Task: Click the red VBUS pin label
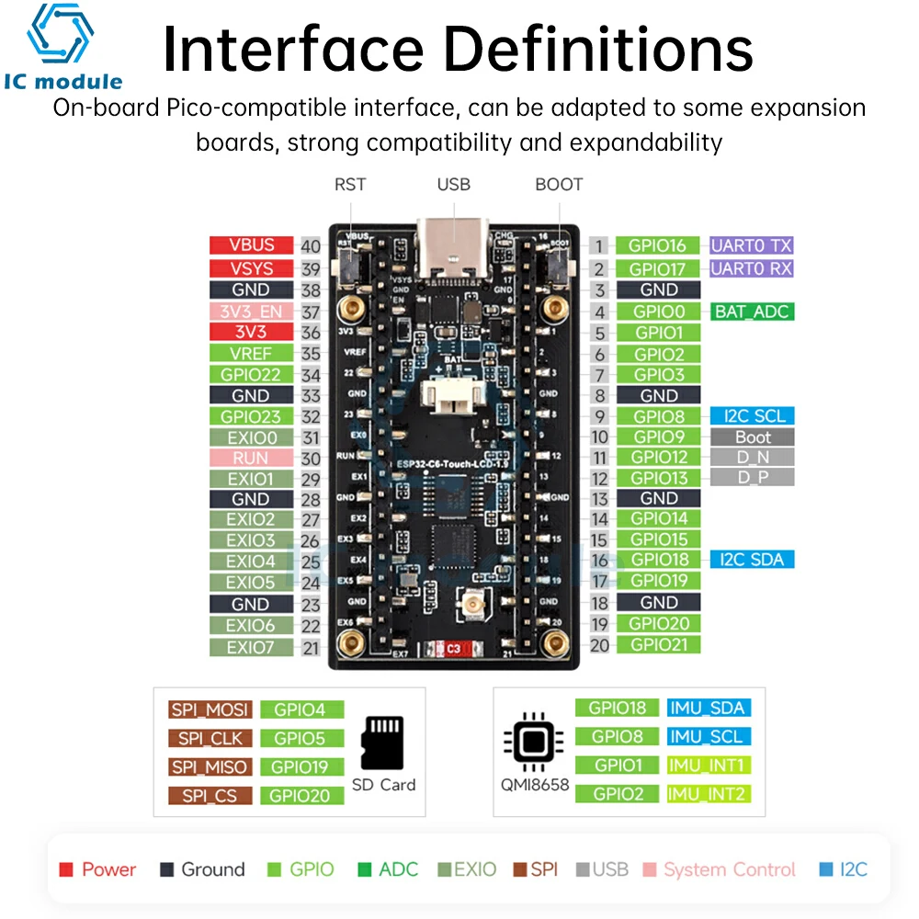click(251, 245)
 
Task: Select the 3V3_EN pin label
click(251, 312)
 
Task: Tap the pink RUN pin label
click(251, 458)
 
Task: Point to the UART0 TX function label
click(751, 245)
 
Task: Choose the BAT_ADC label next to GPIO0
click(752, 312)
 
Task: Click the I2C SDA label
click(752, 559)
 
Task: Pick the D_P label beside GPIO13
click(752, 477)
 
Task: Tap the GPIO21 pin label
click(659, 645)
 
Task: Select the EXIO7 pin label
click(251, 647)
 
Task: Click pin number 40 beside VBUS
click(311, 246)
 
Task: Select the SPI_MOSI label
click(209, 709)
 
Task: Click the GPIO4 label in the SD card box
click(301, 709)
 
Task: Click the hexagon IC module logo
click(61, 37)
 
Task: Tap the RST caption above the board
click(350, 184)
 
